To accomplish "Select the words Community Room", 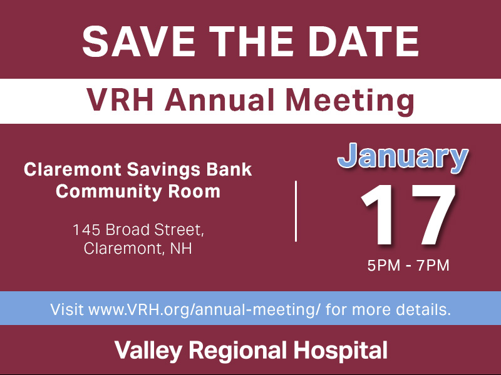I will pyautogui.click(x=138, y=191).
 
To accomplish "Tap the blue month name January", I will pyautogui.click(x=403, y=158).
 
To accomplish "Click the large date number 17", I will pyautogui.click(x=408, y=216).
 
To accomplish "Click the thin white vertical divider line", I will pyautogui.click(x=296, y=211).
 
